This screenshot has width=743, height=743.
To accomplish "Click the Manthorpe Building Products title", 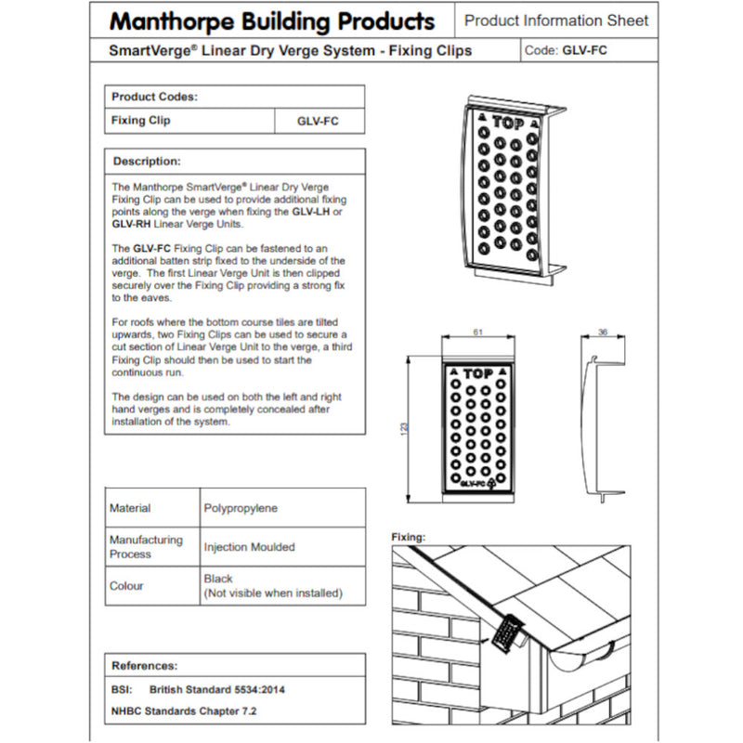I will tap(271, 20).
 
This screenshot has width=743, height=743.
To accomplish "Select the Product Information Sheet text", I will tap(555, 20).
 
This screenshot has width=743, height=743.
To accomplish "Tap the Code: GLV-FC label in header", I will tap(567, 51).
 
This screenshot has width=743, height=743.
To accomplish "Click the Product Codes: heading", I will tap(154, 97).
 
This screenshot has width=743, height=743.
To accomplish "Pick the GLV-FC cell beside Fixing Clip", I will tap(318, 121).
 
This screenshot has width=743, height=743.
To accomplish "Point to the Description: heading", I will tap(146, 161).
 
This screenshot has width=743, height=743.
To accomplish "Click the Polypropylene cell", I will tap(241, 508).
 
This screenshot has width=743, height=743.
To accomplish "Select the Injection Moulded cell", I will tap(249, 547).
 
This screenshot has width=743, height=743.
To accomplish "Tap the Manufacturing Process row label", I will tap(146, 547).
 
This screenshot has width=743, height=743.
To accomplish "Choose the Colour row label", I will tap(127, 586).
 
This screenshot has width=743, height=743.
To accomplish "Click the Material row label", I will tap(130, 508).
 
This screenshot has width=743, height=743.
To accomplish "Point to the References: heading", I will tap(145, 665).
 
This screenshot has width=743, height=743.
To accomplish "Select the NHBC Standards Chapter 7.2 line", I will tap(183, 710).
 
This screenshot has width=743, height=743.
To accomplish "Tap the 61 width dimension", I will tap(477, 332).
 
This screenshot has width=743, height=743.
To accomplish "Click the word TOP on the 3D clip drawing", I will tap(507, 122).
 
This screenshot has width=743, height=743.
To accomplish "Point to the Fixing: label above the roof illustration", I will tap(409, 537).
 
